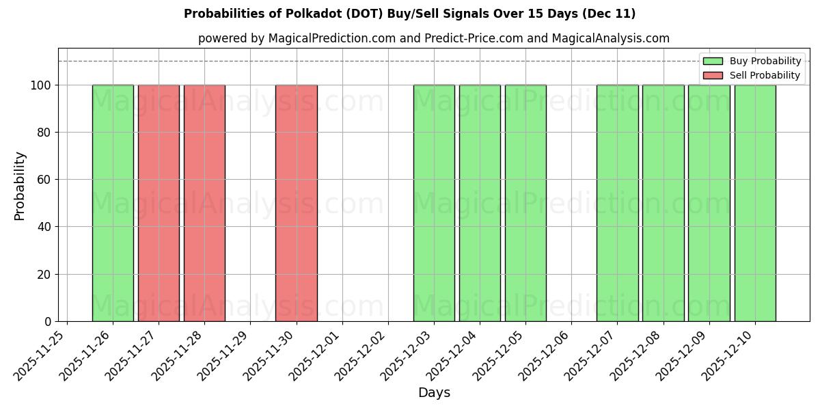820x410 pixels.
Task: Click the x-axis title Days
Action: pos(434,393)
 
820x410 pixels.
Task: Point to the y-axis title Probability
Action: pos(20,186)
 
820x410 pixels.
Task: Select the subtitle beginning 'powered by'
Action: pos(434,38)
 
